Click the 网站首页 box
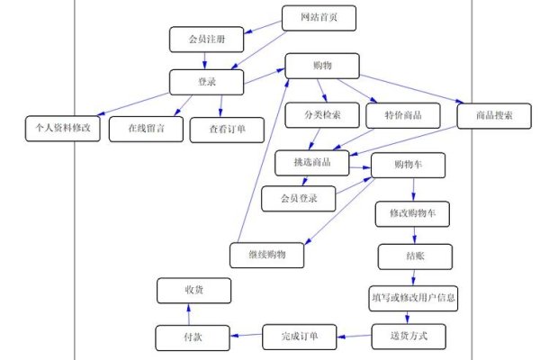pos(319,17)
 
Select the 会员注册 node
pos(206,40)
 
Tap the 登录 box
pos(207,82)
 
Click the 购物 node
pos(322,65)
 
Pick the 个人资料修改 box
pos(58,129)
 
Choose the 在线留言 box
pos(145,129)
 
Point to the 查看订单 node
pos(226,129)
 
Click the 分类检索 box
pos(322,115)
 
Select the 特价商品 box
pos(402,115)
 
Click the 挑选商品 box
pos(310,162)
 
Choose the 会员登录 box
pos(298,197)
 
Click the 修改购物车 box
pos(412,213)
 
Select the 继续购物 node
pos(266,255)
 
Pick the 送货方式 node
pos(409,337)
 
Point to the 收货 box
pos(193,290)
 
